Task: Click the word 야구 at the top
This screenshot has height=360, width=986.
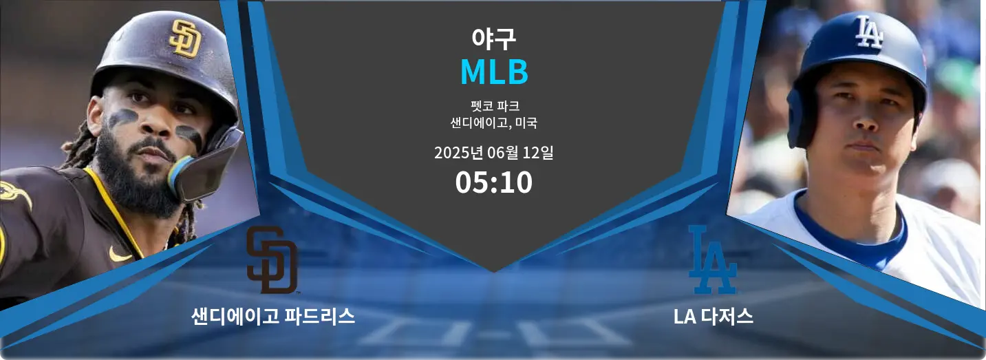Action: (x=493, y=39)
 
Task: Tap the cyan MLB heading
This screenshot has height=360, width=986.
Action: (x=493, y=72)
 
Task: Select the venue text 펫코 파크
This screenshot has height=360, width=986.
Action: (x=493, y=107)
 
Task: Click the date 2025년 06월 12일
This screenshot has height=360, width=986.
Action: (x=493, y=153)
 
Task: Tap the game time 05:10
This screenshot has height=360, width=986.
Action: (x=493, y=182)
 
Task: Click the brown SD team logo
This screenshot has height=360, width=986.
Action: (x=272, y=260)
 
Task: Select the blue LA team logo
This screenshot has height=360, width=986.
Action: (x=713, y=260)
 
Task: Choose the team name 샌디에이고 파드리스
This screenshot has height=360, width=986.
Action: (x=273, y=317)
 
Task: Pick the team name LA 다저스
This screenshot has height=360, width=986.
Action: (x=714, y=317)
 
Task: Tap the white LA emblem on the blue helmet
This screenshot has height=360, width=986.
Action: (x=868, y=32)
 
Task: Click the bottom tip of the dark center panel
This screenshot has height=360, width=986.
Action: (x=493, y=270)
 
